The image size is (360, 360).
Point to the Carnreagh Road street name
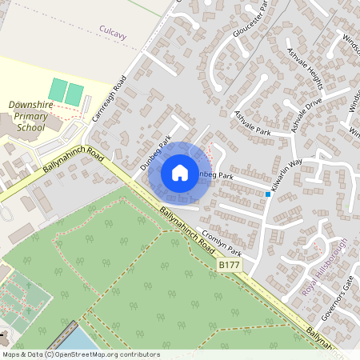pos(109,98)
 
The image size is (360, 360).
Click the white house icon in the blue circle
pos(180,173)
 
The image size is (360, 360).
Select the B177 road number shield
pos(229,263)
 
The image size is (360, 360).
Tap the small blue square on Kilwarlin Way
pos(268,194)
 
